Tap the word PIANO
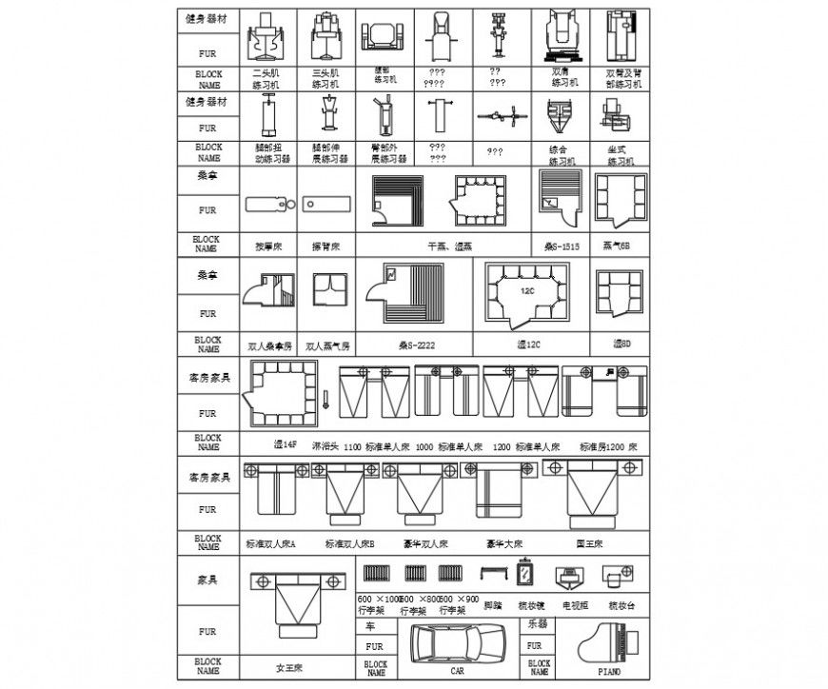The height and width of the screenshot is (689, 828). [x=609, y=671]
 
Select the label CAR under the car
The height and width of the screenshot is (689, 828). [x=458, y=671]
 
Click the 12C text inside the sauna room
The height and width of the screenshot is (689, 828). [x=526, y=287]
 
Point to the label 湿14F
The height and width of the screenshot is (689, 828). [x=286, y=444]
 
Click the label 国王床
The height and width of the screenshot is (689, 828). [x=593, y=544]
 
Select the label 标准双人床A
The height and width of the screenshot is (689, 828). [x=271, y=544]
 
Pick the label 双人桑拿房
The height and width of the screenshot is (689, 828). [x=267, y=345]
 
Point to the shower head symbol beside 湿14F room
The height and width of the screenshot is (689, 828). [x=325, y=400]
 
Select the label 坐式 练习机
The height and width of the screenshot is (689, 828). [x=621, y=155]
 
